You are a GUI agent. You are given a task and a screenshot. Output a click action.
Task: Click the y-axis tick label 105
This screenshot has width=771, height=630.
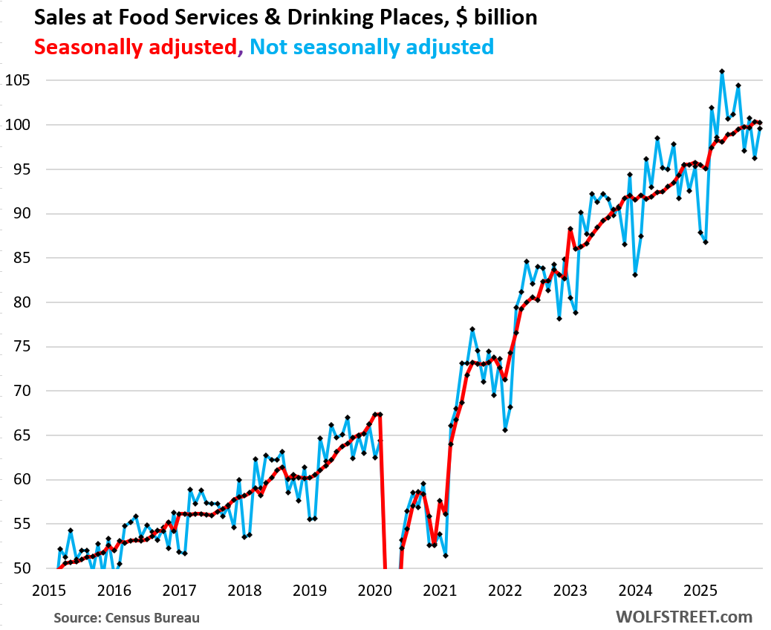16,80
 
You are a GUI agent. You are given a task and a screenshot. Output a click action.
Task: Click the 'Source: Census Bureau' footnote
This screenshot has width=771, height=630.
126,617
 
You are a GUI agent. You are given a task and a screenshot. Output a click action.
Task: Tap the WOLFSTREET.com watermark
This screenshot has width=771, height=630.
683,617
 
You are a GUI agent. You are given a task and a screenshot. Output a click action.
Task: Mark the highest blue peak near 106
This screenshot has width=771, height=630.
722,71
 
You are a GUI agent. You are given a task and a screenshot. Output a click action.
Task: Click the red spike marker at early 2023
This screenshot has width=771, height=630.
570,230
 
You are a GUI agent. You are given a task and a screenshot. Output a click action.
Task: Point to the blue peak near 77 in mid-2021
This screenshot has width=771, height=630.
472,329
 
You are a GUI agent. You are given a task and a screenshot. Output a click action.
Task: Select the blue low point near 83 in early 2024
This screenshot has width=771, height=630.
635,274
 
